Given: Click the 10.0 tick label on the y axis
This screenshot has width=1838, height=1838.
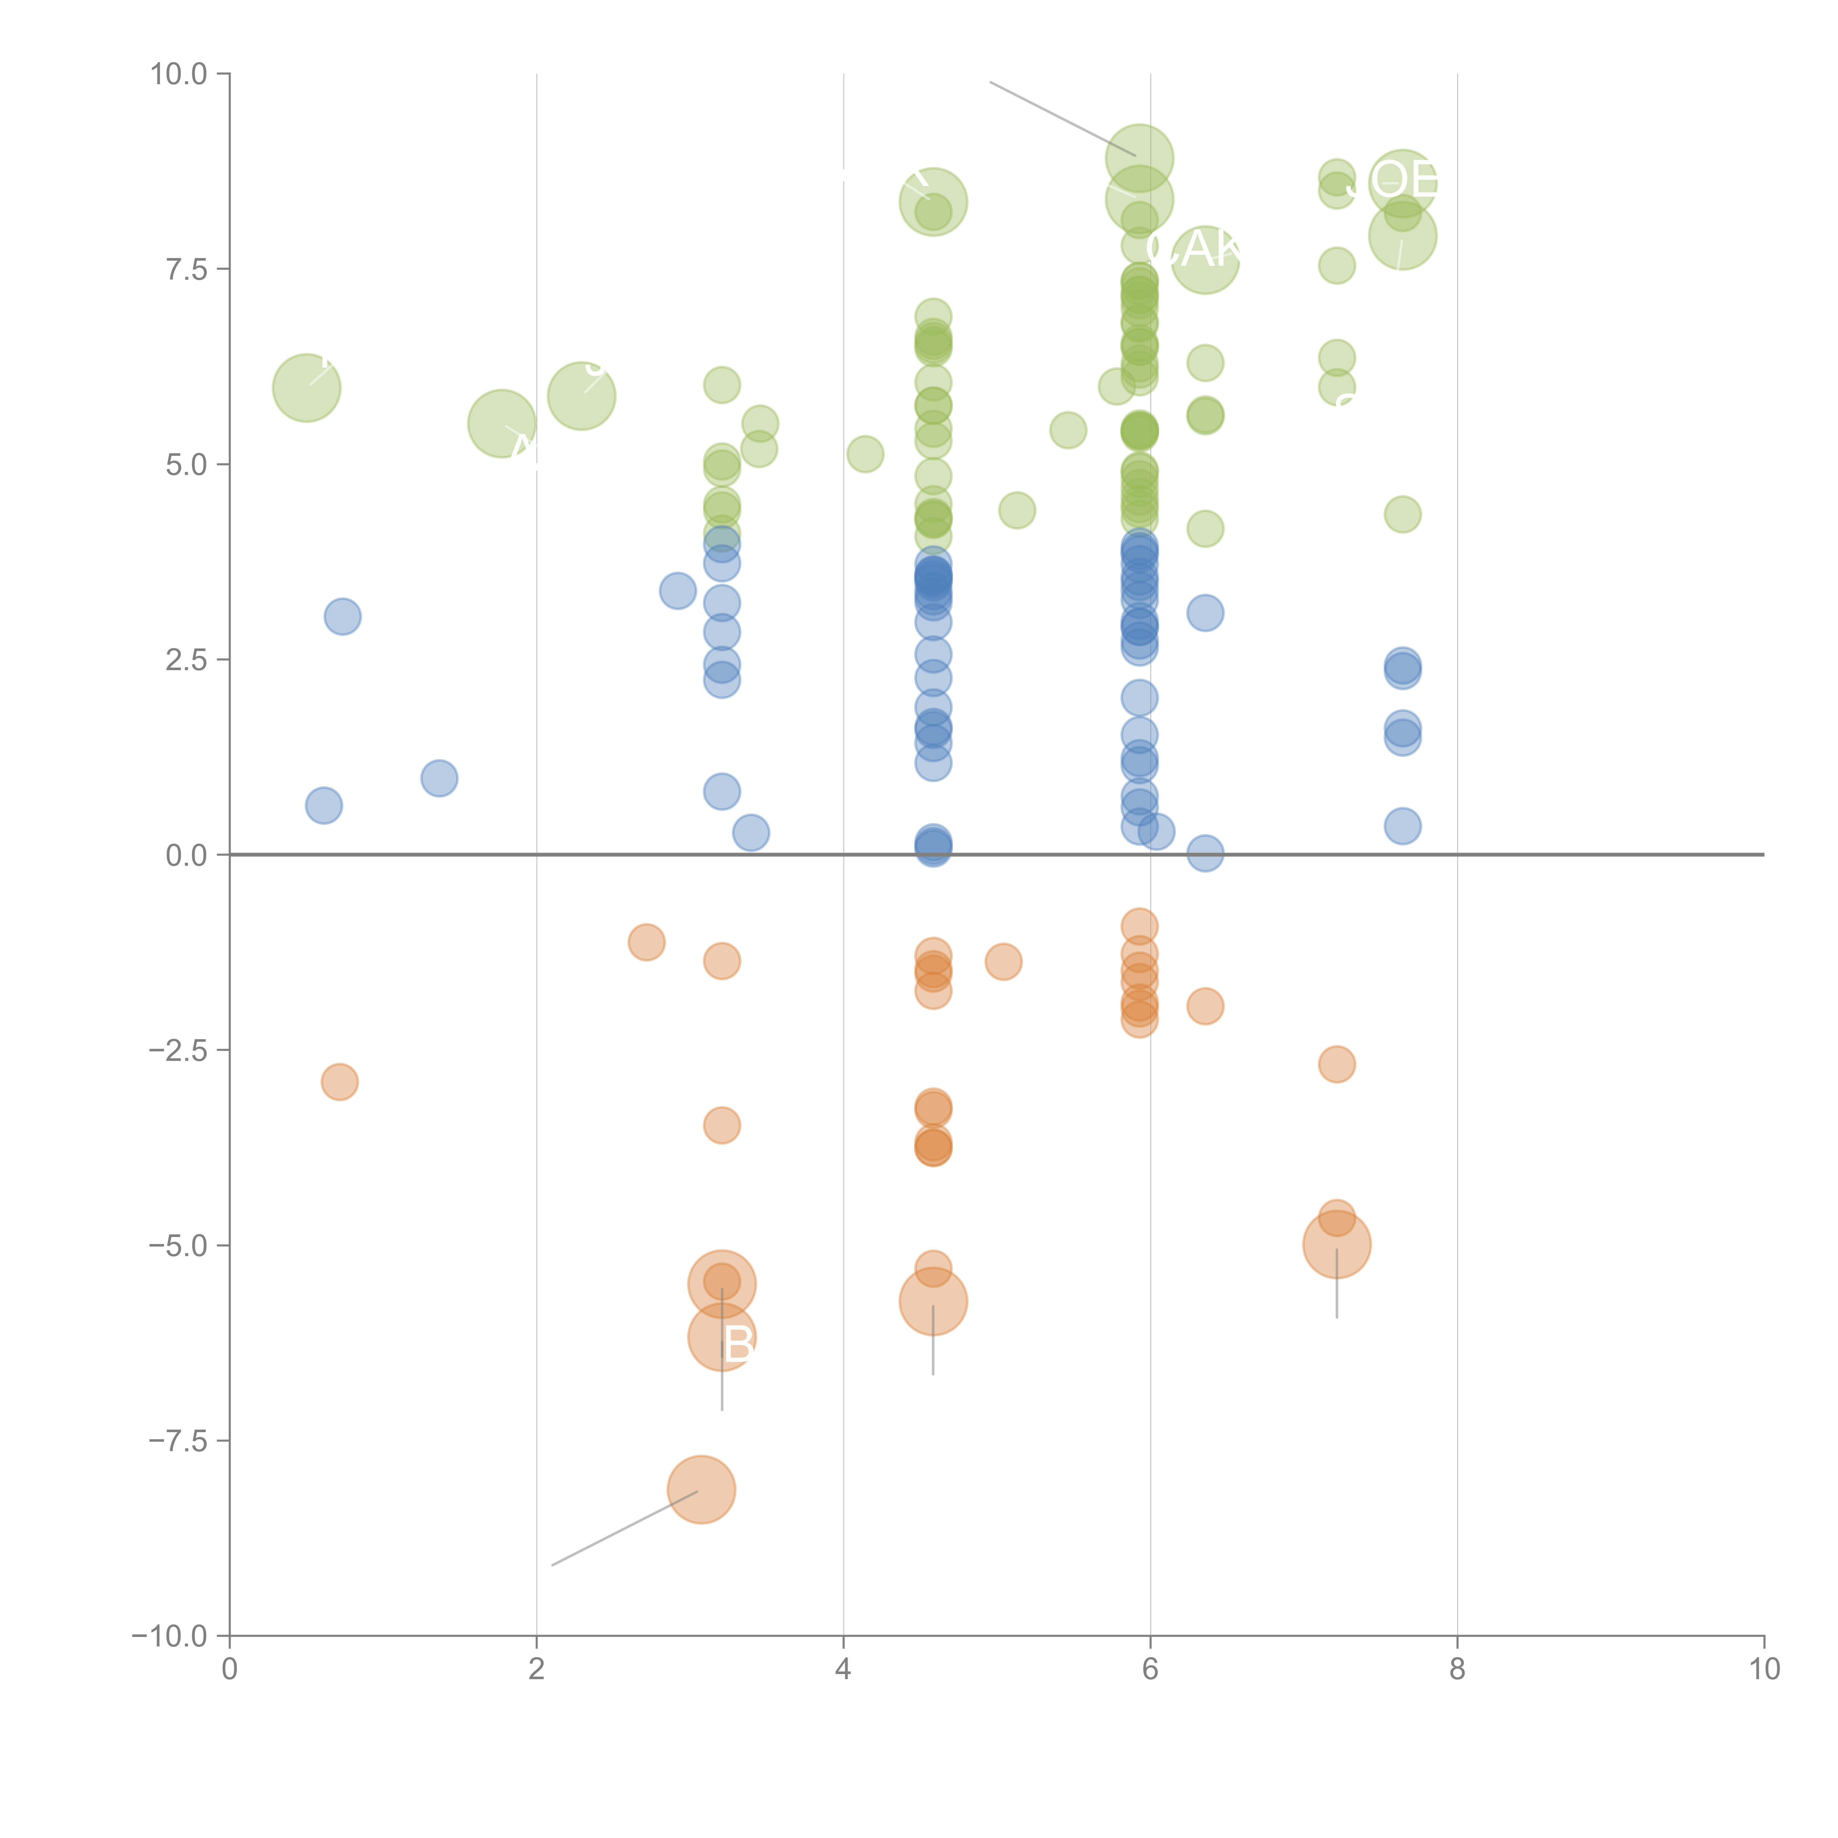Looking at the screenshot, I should [x=179, y=74].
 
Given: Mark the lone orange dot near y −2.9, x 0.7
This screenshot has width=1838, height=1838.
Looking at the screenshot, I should [x=340, y=1082].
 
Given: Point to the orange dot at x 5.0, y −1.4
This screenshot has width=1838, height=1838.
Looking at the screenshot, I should [x=1003, y=962].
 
